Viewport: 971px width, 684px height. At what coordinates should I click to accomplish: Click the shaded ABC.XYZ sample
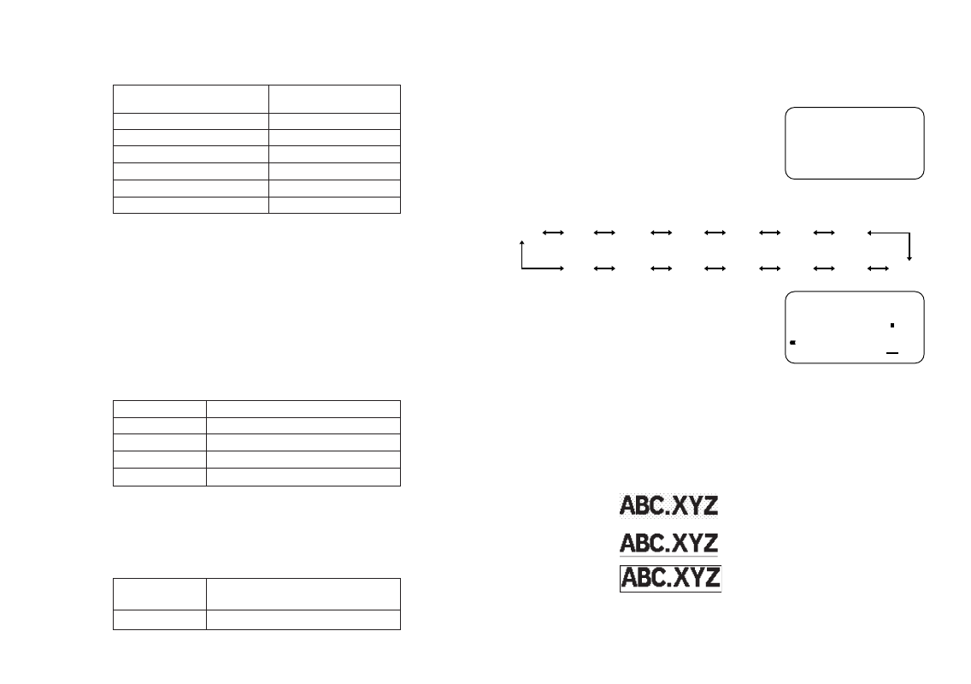[x=669, y=505]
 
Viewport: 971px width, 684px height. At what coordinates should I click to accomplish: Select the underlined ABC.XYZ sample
[x=669, y=543]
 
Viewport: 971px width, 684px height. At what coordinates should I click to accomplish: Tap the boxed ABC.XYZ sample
[x=670, y=579]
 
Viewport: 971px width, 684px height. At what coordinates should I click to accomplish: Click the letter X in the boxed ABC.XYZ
[x=677, y=579]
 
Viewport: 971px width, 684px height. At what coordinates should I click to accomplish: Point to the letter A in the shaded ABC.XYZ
[x=627, y=505]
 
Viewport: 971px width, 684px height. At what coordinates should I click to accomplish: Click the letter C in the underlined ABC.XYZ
[x=655, y=543]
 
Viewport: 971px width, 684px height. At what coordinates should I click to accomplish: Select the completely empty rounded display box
[x=854, y=143]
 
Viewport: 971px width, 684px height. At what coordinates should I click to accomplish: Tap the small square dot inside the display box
[x=892, y=326]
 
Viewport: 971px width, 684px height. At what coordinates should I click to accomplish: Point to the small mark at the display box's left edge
[x=793, y=343]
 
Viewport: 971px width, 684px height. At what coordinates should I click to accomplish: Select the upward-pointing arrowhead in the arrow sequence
[x=521, y=245]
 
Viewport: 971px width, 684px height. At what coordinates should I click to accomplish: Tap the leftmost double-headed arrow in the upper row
[x=553, y=232]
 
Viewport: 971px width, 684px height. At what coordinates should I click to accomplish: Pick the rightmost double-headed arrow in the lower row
[x=878, y=268]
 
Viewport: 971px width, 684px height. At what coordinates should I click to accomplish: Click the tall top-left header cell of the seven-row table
[x=191, y=98]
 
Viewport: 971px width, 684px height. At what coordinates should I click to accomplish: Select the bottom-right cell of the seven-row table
[x=334, y=205]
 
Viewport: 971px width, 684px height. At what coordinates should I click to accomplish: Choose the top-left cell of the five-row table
[x=160, y=409]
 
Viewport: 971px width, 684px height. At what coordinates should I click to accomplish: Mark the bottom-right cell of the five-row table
[x=303, y=477]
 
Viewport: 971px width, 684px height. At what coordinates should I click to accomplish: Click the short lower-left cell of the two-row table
[x=160, y=621]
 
